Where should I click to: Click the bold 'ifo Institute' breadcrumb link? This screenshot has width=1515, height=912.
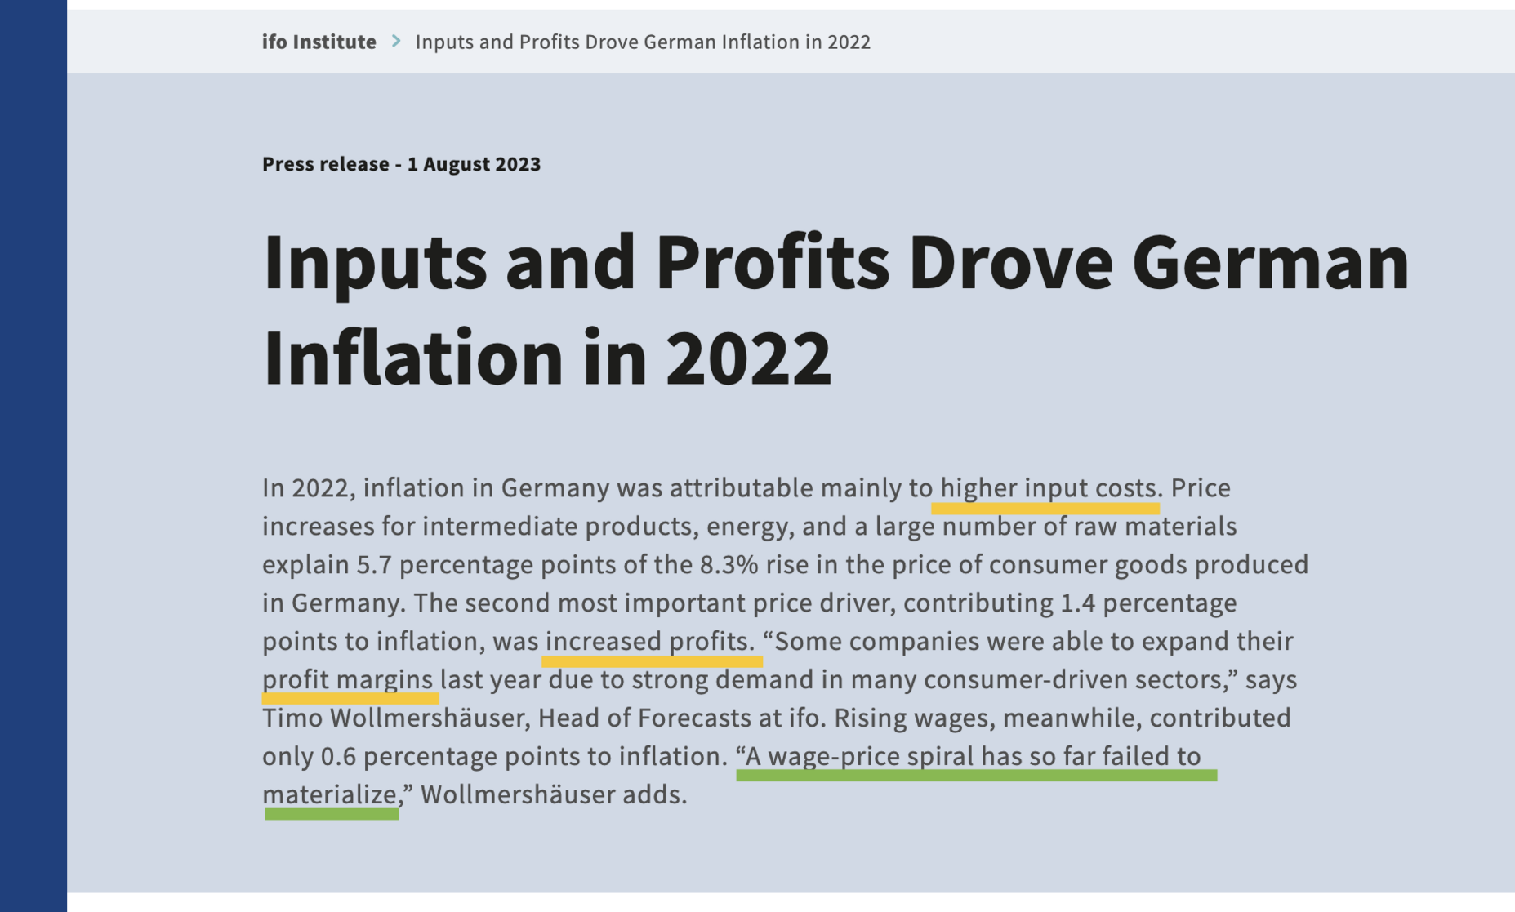tap(319, 42)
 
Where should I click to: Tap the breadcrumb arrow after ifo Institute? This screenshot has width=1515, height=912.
tap(396, 41)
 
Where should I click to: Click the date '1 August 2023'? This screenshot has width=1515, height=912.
tap(474, 164)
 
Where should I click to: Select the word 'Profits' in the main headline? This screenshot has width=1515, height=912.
tap(772, 263)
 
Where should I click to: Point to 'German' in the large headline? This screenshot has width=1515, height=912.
tap(1270, 263)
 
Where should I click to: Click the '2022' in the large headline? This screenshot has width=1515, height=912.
tap(748, 358)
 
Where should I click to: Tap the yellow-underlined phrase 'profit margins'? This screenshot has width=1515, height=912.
tap(347, 680)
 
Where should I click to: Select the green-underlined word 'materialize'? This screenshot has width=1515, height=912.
tap(330, 794)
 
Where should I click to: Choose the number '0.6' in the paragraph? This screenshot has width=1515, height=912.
tap(338, 757)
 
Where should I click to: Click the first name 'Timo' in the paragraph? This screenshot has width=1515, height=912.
tap(292, 718)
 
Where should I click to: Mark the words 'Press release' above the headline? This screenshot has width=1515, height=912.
tap(325, 164)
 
